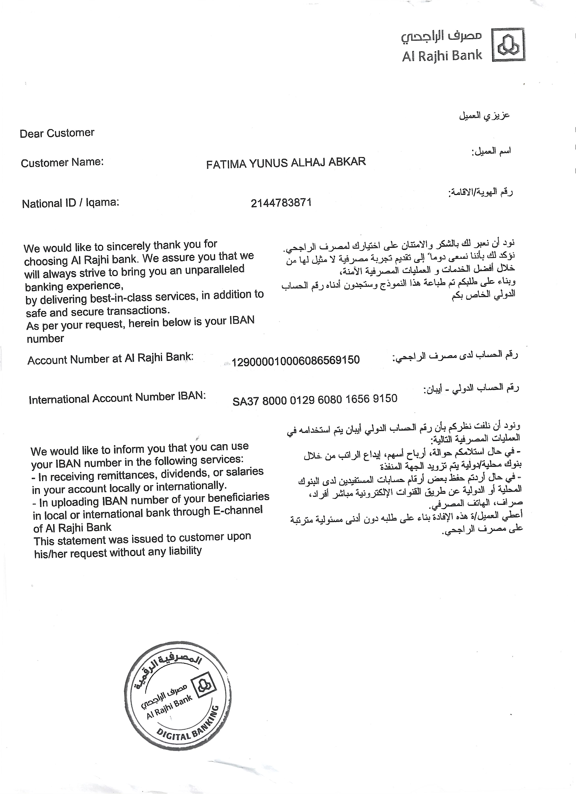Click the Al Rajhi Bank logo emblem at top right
pyautogui.click(x=509, y=45)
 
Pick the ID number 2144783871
pyautogui.click(x=281, y=203)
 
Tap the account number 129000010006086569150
pyautogui.click(x=295, y=360)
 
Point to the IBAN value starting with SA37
pyautogui.click(x=315, y=399)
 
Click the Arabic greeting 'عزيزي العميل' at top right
pyautogui.click(x=484, y=116)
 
